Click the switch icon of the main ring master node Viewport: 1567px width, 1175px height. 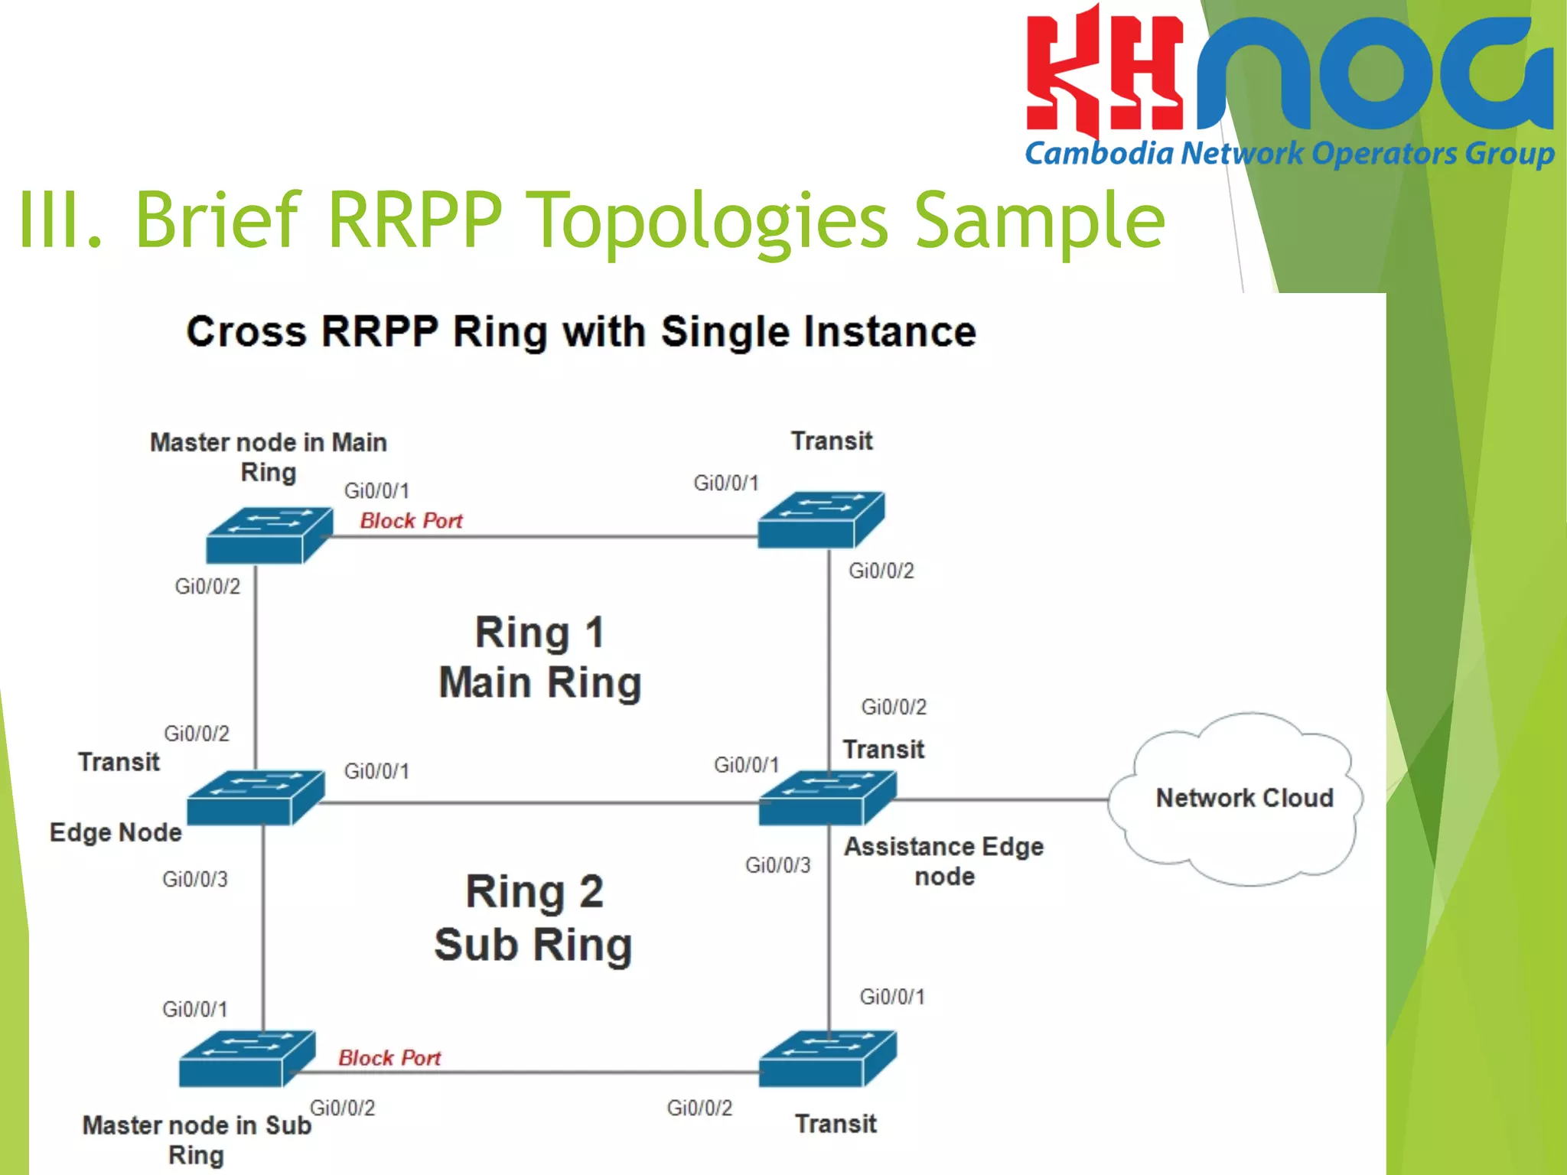pos(269,535)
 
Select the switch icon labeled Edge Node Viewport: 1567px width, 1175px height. pos(255,798)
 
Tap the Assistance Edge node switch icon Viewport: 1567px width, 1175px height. pos(826,798)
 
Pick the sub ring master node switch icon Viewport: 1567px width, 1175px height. pos(246,1059)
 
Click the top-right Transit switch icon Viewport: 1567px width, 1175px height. pos(820,520)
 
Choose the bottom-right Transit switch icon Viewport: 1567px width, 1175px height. pos(826,1059)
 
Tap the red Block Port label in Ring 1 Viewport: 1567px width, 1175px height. pos(411,521)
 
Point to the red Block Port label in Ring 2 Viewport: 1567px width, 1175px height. pos(389,1058)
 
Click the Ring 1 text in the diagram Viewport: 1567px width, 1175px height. pos(539,633)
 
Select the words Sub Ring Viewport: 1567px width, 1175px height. pos(533,945)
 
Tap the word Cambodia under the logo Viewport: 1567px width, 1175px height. pos(1099,154)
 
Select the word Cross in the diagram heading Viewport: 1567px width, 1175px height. pos(246,332)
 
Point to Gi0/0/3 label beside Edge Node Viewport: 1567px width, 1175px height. pos(194,879)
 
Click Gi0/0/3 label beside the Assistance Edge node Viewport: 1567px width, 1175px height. pos(777,865)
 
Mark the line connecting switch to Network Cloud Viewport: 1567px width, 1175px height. pos(1002,800)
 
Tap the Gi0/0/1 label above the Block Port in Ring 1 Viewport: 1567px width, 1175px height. pos(376,490)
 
